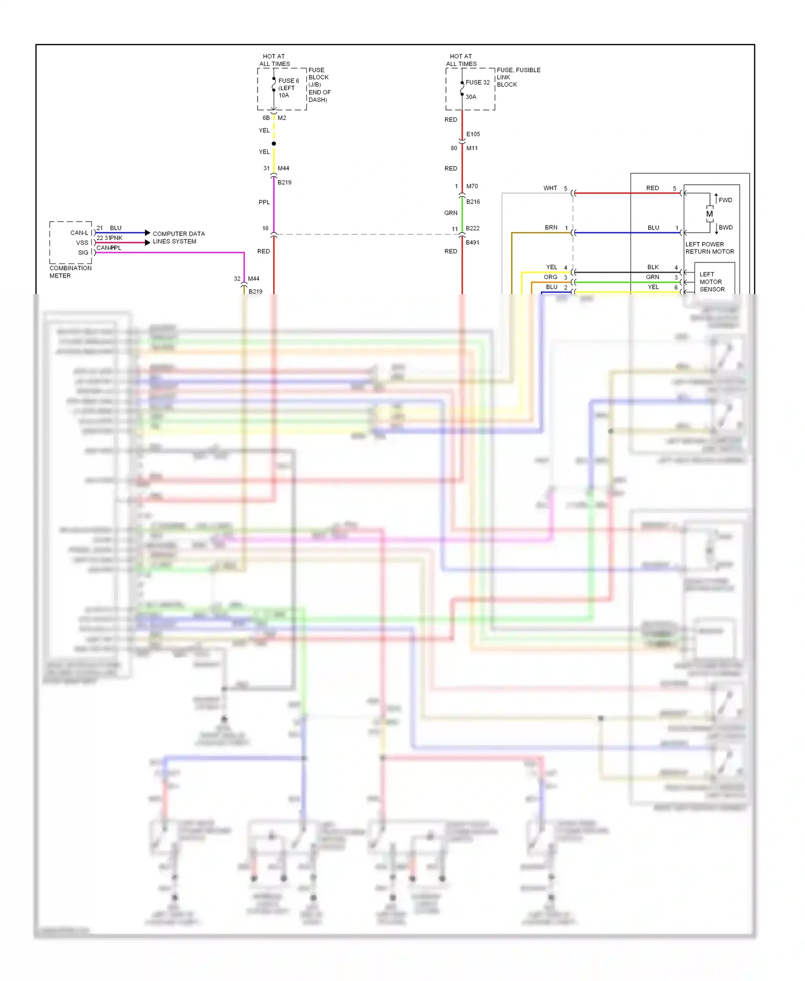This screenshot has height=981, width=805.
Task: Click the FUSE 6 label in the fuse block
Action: tap(288, 81)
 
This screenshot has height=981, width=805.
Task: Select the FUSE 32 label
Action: tap(477, 83)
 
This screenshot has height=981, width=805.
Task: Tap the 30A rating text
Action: tap(471, 97)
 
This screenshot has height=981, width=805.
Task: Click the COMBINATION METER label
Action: tap(70, 272)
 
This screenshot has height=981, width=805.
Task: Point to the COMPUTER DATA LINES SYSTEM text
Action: tap(178, 238)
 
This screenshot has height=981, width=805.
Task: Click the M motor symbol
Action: tap(709, 214)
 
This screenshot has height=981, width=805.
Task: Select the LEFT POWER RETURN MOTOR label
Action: tap(709, 248)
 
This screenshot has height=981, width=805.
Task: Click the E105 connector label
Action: tap(473, 134)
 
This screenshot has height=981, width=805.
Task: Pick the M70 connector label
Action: tap(472, 186)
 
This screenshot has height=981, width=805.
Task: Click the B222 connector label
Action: tap(472, 228)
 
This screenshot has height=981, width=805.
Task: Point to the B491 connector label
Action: tap(472, 243)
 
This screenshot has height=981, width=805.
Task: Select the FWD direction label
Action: tap(725, 200)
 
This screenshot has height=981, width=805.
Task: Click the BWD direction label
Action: tap(725, 228)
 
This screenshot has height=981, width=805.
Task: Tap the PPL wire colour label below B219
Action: tap(264, 202)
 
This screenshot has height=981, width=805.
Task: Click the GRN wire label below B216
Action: tap(450, 213)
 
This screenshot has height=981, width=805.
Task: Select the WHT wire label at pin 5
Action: tap(550, 188)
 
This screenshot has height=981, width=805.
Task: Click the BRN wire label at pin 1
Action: tap(551, 228)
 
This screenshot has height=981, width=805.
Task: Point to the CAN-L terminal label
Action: tap(79, 233)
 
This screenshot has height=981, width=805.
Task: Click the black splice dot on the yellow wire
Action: tap(274, 144)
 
